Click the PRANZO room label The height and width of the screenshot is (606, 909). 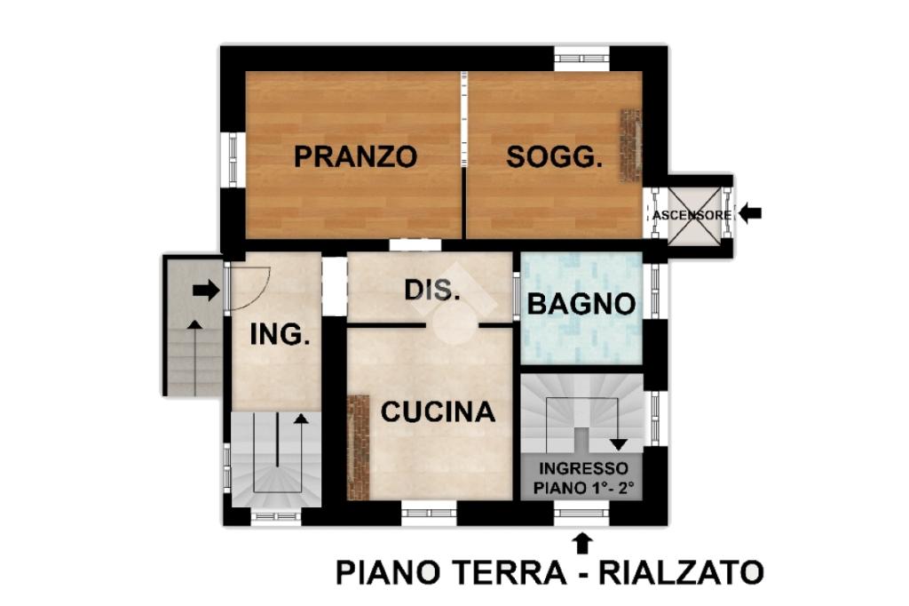(x=355, y=156)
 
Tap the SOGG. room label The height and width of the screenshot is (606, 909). (x=554, y=156)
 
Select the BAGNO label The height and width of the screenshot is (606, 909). (x=581, y=304)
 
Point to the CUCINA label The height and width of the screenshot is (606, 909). (x=438, y=411)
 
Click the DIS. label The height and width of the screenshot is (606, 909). (x=432, y=290)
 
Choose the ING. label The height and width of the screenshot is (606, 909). (x=280, y=334)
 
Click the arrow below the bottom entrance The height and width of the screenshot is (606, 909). (x=582, y=544)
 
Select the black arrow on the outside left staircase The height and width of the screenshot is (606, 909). (x=206, y=291)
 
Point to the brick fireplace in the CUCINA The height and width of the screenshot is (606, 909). (x=359, y=447)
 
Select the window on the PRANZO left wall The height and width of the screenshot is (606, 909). (x=233, y=160)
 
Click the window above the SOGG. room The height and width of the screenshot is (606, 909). (x=581, y=59)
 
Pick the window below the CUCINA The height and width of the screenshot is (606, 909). (x=429, y=513)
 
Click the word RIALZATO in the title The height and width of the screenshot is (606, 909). (x=681, y=572)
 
